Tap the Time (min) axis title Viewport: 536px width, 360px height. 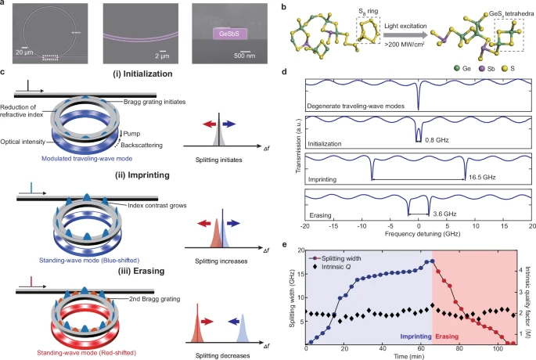[414, 355]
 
